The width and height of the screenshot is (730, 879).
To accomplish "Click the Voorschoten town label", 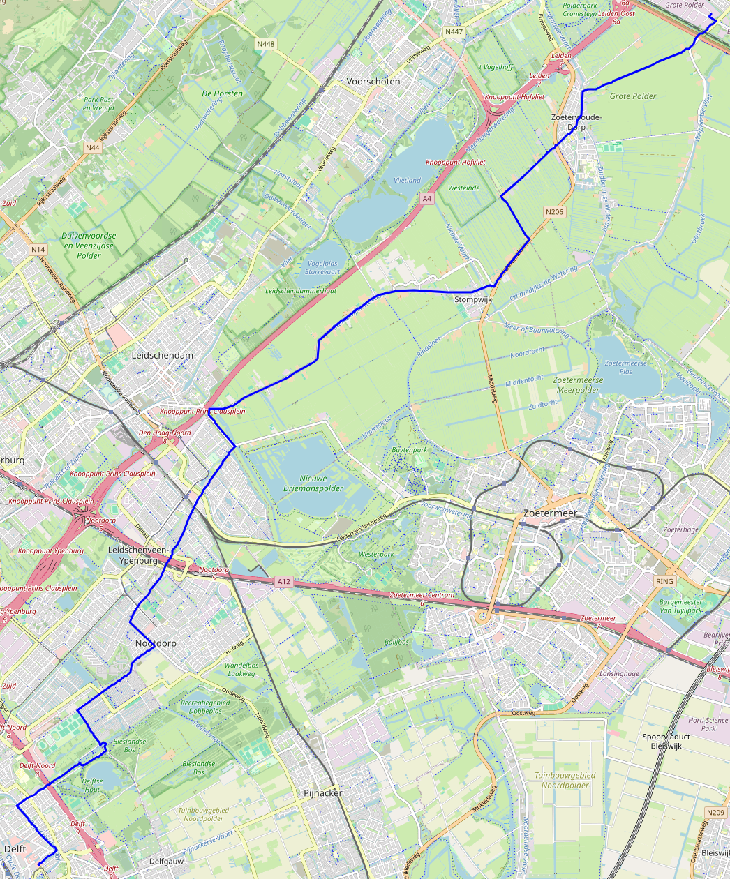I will click(x=373, y=82).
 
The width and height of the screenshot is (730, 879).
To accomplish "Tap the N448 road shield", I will click(x=265, y=44).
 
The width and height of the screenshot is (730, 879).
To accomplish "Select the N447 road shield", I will click(x=454, y=32).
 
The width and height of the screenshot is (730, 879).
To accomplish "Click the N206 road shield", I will click(x=554, y=212).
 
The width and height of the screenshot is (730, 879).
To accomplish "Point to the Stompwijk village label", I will click(x=473, y=299).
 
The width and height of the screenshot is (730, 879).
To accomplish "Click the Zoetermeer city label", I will click(x=550, y=513).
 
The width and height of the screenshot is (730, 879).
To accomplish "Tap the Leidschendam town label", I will click(x=163, y=355).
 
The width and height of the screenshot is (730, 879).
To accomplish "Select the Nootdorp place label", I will click(x=156, y=643).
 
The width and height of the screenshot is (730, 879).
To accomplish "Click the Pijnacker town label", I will click(x=323, y=793).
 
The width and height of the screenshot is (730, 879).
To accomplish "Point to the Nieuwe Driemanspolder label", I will click(x=313, y=483).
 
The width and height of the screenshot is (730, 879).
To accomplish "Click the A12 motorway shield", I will click(x=283, y=581).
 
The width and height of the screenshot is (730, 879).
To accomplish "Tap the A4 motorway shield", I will click(x=427, y=199).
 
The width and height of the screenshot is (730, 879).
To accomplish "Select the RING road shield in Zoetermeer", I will click(x=664, y=581).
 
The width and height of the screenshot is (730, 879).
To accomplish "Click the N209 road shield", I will click(x=715, y=813).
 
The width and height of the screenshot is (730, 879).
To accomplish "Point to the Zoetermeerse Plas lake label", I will click(x=625, y=368).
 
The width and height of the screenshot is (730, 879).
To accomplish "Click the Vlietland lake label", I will click(x=407, y=180).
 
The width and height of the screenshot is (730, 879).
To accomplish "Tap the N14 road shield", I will click(x=38, y=249).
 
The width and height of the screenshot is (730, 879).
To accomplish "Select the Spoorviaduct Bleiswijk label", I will click(x=666, y=741).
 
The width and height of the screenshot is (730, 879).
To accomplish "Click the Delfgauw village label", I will click(x=166, y=862).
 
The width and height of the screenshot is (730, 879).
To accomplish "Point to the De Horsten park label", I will click(x=222, y=93).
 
